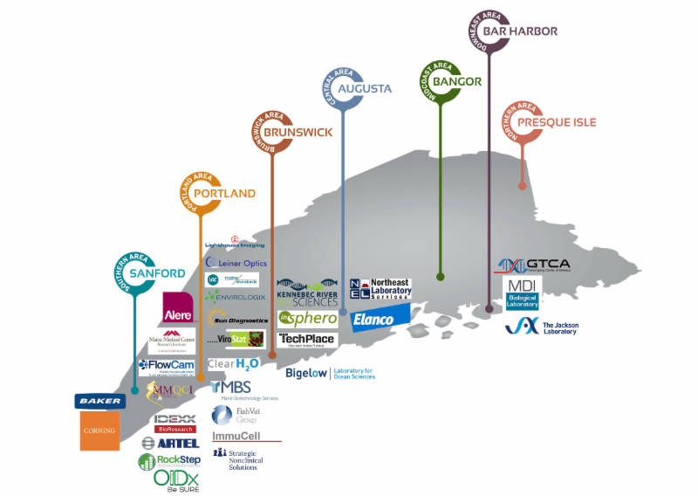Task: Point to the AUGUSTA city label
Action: point(366,88)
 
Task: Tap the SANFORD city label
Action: point(157,273)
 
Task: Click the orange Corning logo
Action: point(99,431)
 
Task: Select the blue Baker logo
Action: point(99,401)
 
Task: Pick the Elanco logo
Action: point(380,320)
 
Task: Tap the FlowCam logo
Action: point(166,365)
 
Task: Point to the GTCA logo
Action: point(532,265)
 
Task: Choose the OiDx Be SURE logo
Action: point(176,479)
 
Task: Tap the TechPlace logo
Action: point(306,340)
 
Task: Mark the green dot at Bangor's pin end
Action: point(441,277)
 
